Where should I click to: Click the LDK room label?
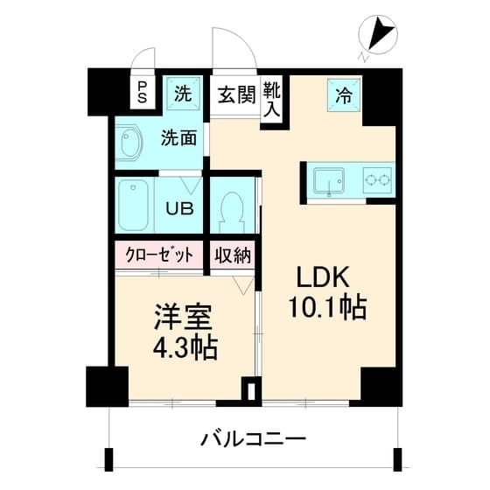pos(325,276)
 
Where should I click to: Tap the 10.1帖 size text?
pos(325,307)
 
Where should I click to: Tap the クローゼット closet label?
pos(158,256)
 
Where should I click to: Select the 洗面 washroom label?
pos(178,136)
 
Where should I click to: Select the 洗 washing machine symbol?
pos(183,93)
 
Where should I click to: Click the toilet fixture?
pos(232,210)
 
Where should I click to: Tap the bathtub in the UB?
pos(136,206)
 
